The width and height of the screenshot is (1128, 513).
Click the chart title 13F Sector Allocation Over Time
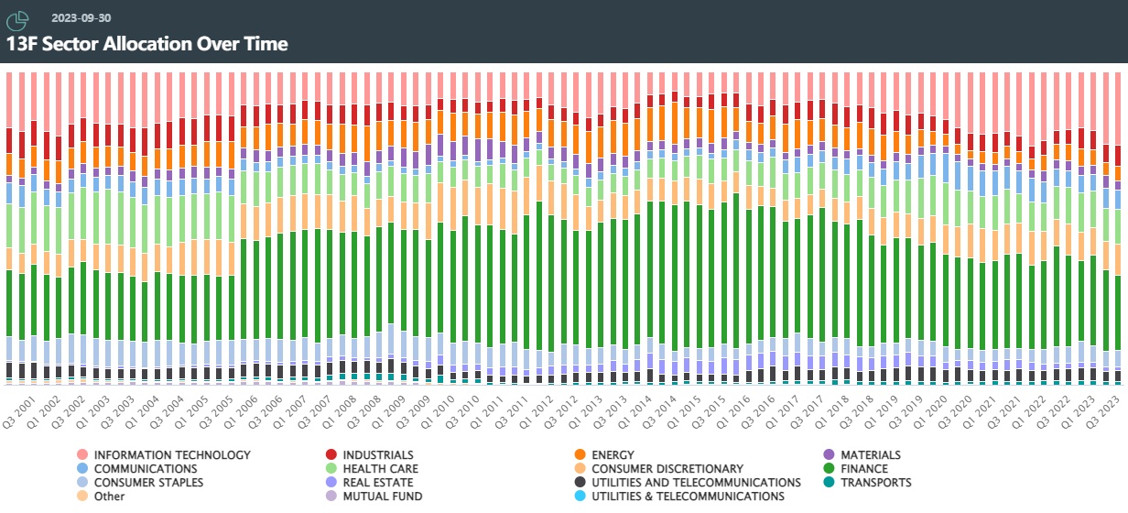pyautogui.click(x=147, y=43)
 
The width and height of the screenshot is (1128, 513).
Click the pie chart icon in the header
pyautogui.click(x=18, y=18)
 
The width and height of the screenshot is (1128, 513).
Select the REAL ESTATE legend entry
pyautogui.click(x=377, y=483)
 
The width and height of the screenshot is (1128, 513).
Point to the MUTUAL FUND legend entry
pyautogui.click(x=382, y=497)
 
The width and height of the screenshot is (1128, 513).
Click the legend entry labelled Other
pyautogui.click(x=108, y=497)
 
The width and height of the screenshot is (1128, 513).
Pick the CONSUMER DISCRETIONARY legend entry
pyautogui.click(x=667, y=469)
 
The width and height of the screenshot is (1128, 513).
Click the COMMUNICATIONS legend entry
pyautogui.click(x=146, y=469)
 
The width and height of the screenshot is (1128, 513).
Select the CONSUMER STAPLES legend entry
pyautogui.click(x=148, y=483)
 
